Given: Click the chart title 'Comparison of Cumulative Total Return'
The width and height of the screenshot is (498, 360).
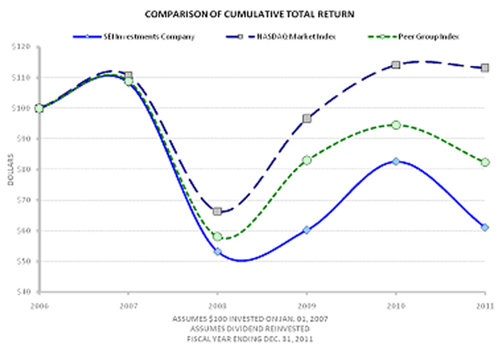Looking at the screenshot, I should pos(250,14).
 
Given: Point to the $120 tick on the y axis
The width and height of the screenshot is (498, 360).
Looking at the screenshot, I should pos(22,47).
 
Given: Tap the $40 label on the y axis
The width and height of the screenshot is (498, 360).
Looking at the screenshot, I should pos(22,292).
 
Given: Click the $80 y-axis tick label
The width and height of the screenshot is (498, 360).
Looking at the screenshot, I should pos(22,170).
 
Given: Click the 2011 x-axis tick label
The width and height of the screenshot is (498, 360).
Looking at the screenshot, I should pos(484,306).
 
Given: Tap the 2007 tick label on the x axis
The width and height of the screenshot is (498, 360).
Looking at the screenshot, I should pos(127,306).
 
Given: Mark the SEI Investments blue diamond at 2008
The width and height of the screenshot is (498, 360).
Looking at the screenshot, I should pos(217,252).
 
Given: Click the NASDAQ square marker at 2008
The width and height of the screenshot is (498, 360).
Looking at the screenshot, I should pos(217,211).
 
